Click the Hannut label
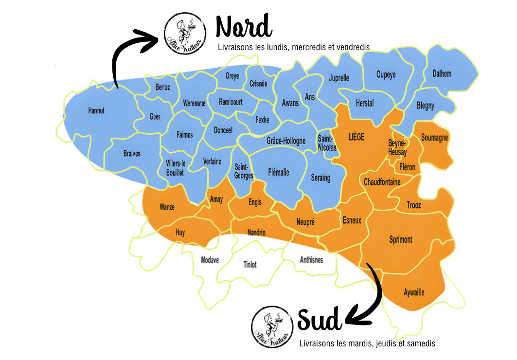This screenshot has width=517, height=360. (96, 111)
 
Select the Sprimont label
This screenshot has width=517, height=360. (401, 239)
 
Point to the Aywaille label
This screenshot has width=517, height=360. (414, 292)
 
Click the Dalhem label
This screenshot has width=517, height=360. (442, 74)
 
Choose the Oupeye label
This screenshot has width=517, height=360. (386, 74)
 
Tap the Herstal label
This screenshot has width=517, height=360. (365, 103)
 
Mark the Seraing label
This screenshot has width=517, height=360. (321, 178)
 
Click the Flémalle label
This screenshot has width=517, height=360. (279, 172)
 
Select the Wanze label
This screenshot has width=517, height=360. (167, 207)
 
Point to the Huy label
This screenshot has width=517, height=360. (180, 233)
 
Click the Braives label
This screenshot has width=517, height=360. (132, 153)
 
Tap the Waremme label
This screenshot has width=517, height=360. (195, 103)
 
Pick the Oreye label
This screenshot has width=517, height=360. (232, 76)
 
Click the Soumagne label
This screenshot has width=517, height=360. (434, 138)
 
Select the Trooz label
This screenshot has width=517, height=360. (414, 205)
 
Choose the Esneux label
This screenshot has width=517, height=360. (352, 220)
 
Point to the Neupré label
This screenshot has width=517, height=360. (305, 222)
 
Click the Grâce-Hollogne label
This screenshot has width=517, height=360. (286, 141)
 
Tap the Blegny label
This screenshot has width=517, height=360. (426, 106)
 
